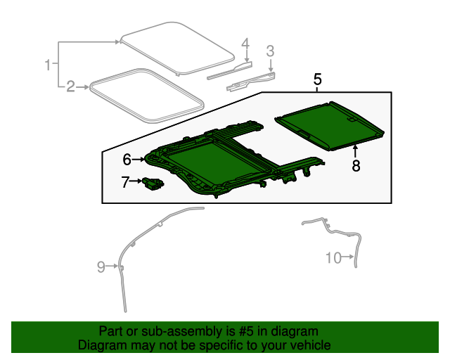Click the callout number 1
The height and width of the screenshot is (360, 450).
[x=48, y=65]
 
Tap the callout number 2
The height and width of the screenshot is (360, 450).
[x=70, y=86]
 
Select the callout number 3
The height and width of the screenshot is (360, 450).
[x=270, y=51]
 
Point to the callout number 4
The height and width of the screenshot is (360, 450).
[x=245, y=44]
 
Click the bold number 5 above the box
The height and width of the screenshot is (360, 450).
[x=317, y=79]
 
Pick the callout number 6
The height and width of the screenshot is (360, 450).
[x=127, y=160]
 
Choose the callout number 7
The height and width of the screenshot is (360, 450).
[x=125, y=181]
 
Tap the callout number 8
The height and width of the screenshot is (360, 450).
[x=356, y=166]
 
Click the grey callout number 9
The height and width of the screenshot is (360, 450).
[x=101, y=266]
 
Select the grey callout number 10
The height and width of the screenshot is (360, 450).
[x=333, y=257]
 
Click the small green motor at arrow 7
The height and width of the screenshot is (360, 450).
[x=153, y=183]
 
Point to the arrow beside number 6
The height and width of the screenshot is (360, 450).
[x=139, y=159]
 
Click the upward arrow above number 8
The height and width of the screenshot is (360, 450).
[x=356, y=151]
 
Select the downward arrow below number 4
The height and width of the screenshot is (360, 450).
[x=247, y=56]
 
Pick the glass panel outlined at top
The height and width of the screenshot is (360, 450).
[x=177, y=48]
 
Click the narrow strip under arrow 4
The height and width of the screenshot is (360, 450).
[x=230, y=70]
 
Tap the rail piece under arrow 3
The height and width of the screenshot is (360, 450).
[x=250, y=82]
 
